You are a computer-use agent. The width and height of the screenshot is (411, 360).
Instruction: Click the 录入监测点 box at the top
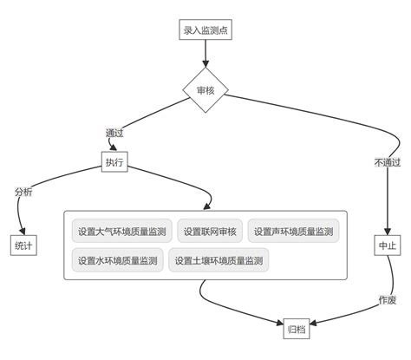[x=205, y=31]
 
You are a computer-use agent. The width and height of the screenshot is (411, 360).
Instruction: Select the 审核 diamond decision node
[x=205, y=90]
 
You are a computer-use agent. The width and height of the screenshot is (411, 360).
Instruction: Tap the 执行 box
[x=114, y=162]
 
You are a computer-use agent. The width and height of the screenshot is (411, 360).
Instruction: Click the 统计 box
[x=23, y=245]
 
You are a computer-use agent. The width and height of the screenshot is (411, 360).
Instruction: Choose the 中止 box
[x=387, y=245]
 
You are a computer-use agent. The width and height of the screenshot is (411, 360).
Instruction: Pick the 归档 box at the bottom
[x=297, y=329]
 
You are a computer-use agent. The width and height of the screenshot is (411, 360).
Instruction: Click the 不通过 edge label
[x=388, y=162]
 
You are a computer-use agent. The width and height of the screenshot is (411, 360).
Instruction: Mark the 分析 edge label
[x=23, y=192]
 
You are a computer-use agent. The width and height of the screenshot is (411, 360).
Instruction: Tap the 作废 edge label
[x=387, y=299]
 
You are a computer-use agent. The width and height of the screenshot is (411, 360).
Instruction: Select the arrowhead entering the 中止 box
[x=387, y=231]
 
